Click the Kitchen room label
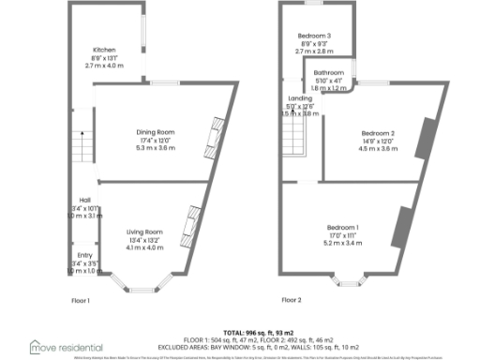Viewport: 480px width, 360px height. pyautogui.click(x=104, y=50)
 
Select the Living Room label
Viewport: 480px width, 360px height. pyautogui.click(x=145, y=232)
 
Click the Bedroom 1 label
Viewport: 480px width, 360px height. pyautogui.click(x=342, y=228)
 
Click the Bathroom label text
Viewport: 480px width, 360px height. pyautogui.click(x=329, y=72)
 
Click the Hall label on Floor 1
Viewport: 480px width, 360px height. pyautogui.click(x=84, y=200)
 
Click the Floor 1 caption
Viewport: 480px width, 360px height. pyautogui.click(x=82, y=300)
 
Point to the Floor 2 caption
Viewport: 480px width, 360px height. pyautogui.click(x=292, y=300)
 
